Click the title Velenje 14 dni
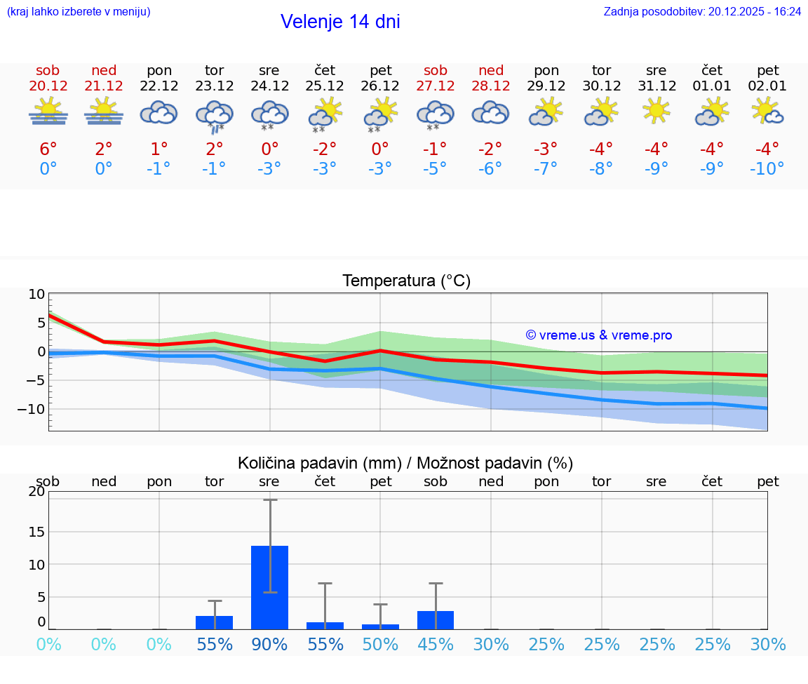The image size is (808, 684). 340,22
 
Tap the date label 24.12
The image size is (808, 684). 269,86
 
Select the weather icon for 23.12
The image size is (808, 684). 214,114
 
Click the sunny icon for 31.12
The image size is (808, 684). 656,110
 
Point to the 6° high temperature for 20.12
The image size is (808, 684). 48,149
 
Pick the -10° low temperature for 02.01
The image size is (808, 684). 767,168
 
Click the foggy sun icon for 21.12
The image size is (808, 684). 104,112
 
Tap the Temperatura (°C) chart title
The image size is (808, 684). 406,281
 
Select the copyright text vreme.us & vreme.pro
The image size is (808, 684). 599,335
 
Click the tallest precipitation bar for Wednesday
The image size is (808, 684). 269,587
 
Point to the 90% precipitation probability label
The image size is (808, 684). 269,644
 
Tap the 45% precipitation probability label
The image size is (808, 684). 436,644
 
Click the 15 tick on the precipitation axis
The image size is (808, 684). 36,532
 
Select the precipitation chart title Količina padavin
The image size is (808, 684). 405,463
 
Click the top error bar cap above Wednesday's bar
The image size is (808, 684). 269,499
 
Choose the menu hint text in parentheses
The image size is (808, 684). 79,11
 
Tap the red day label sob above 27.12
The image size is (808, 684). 436,71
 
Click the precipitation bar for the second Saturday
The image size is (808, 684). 436,620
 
